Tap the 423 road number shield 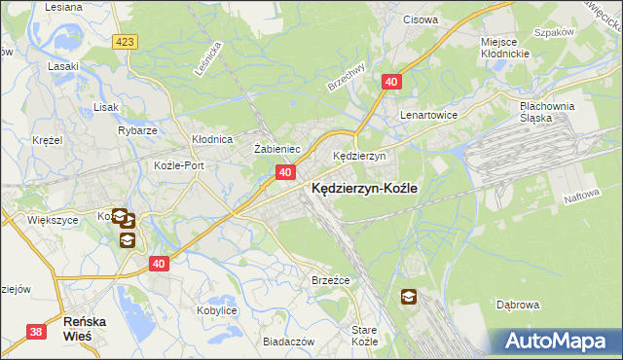click(x=125, y=42)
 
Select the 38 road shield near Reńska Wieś click(x=37, y=332)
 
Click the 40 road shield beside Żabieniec click(x=284, y=172)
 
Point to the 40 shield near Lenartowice click(x=389, y=85)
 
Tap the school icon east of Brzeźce click(x=407, y=297)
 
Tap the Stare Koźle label click(x=364, y=337)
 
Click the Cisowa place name click(x=421, y=18)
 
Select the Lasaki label click(x=63, y=66)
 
